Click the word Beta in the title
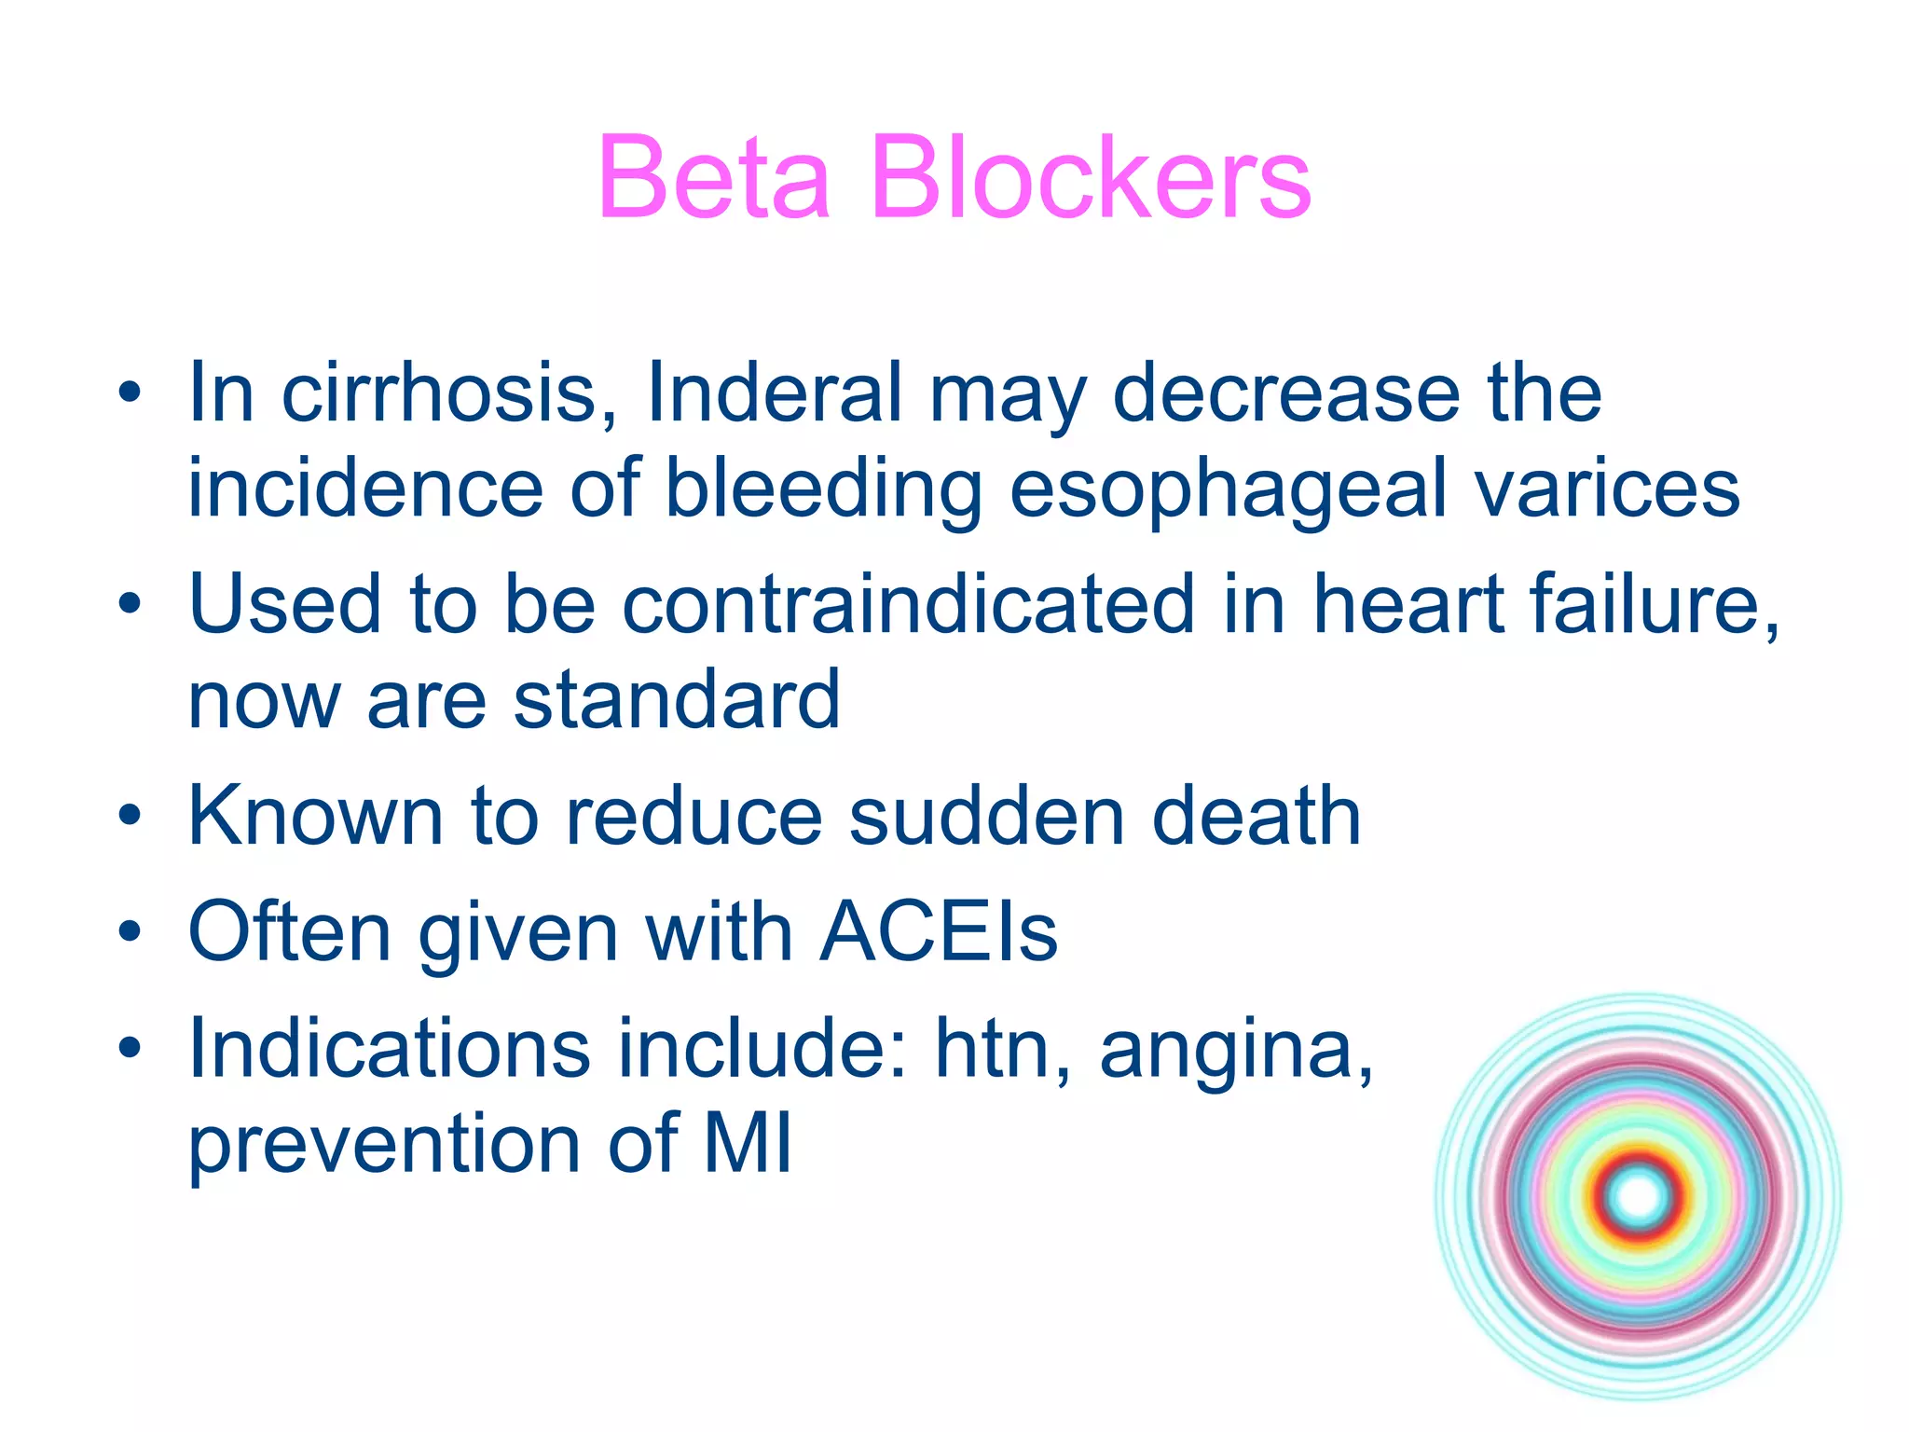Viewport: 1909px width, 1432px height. pyautogui.click(x=714, y=177)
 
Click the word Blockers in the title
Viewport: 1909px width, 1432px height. pyautogui.click(x=1092, y=177)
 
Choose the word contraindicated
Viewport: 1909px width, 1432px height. pyautogui.click(x=908, y=604)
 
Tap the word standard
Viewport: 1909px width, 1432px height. pyautogui.click(x=677, y=699)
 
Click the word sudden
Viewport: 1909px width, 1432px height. pyautogui.click(x=987, y=817)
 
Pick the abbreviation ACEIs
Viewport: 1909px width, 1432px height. pyautogui.click(x=939, y=932)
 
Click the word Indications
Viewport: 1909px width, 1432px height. pyautogui.click(x=389, y=1049)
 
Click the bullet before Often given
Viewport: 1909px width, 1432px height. pyautogui.click(x=130, y=933)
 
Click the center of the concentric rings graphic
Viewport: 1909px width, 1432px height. pyautogui.click(x=1639, y=1197)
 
